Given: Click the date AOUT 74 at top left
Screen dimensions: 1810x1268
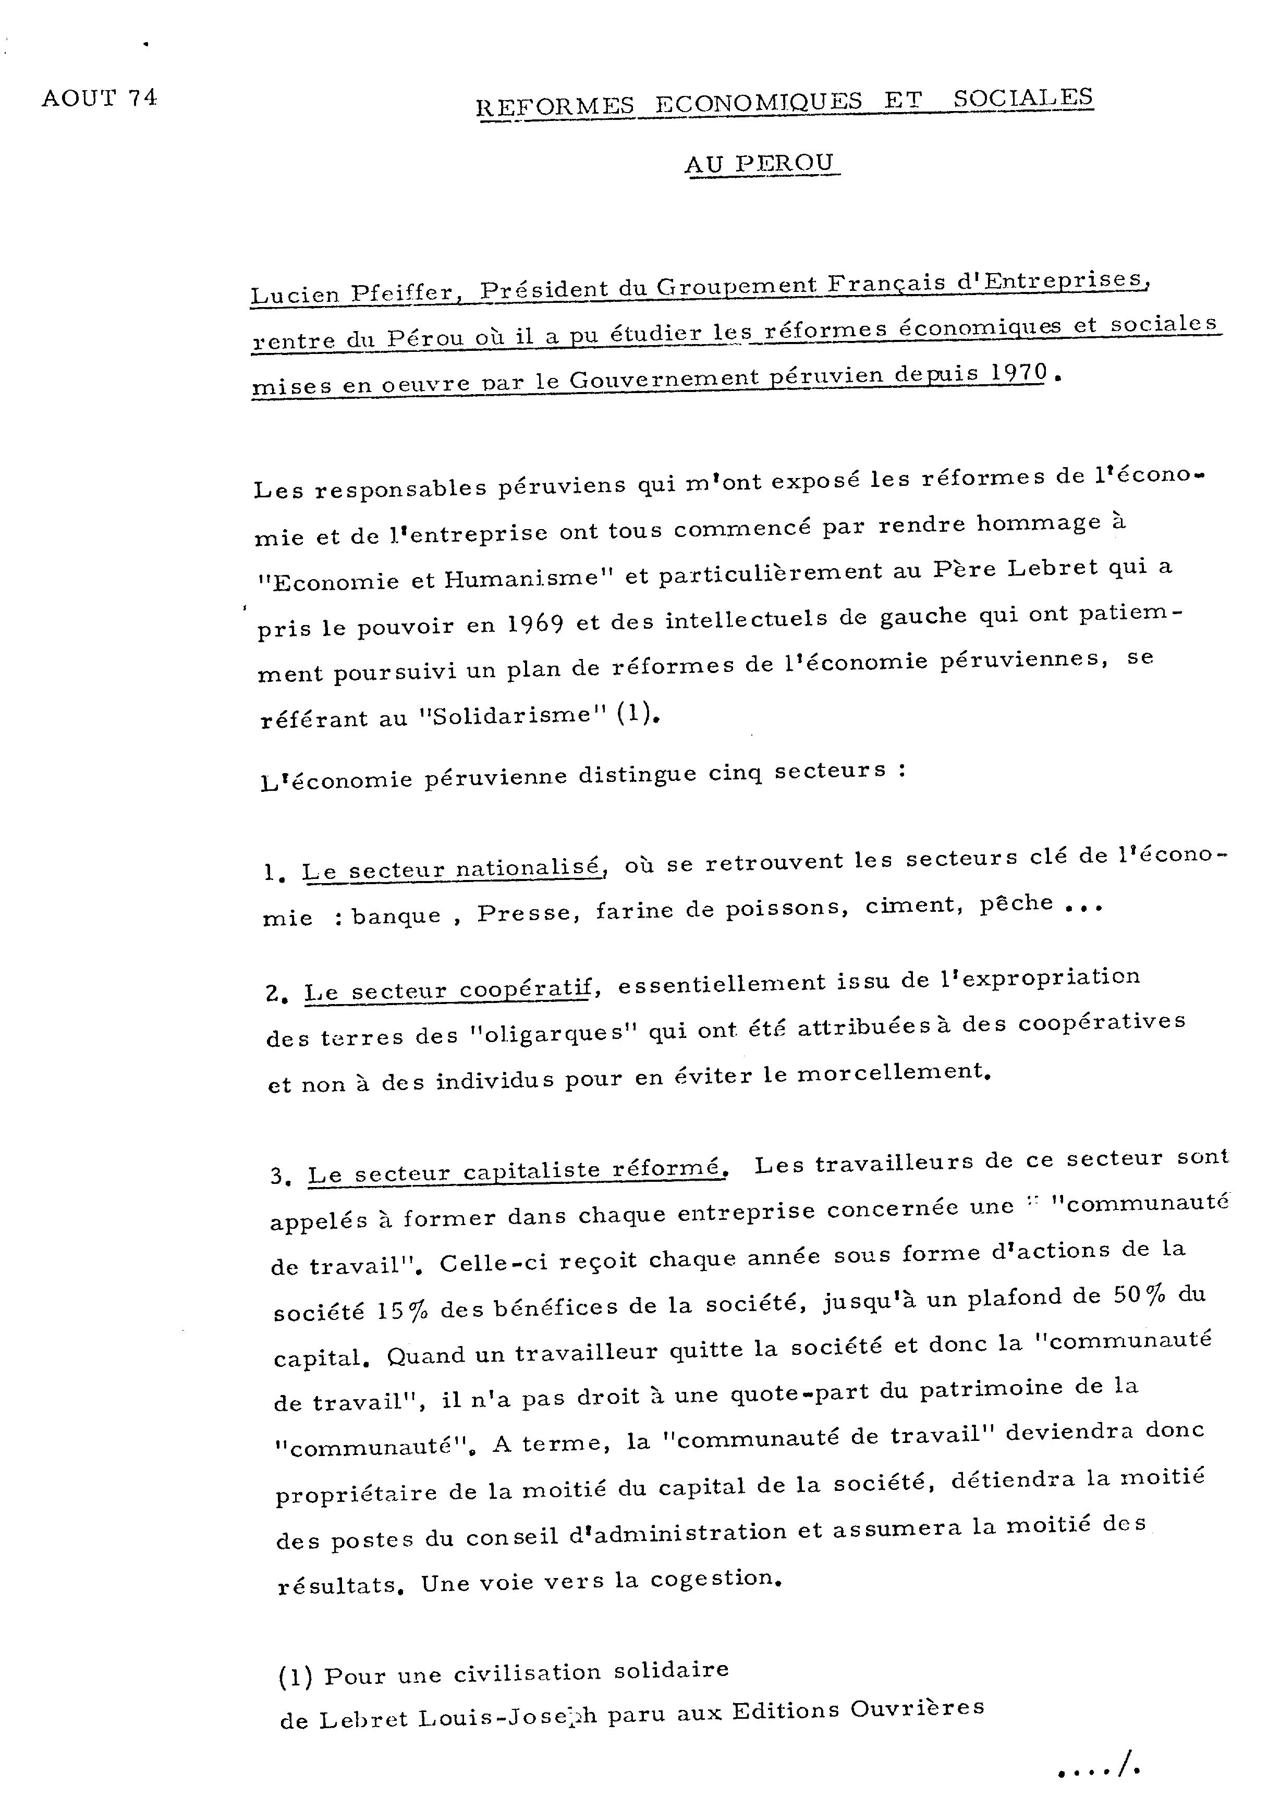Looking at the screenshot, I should click(100, 99).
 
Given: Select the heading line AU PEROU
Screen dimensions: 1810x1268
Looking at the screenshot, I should click(759, 163).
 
